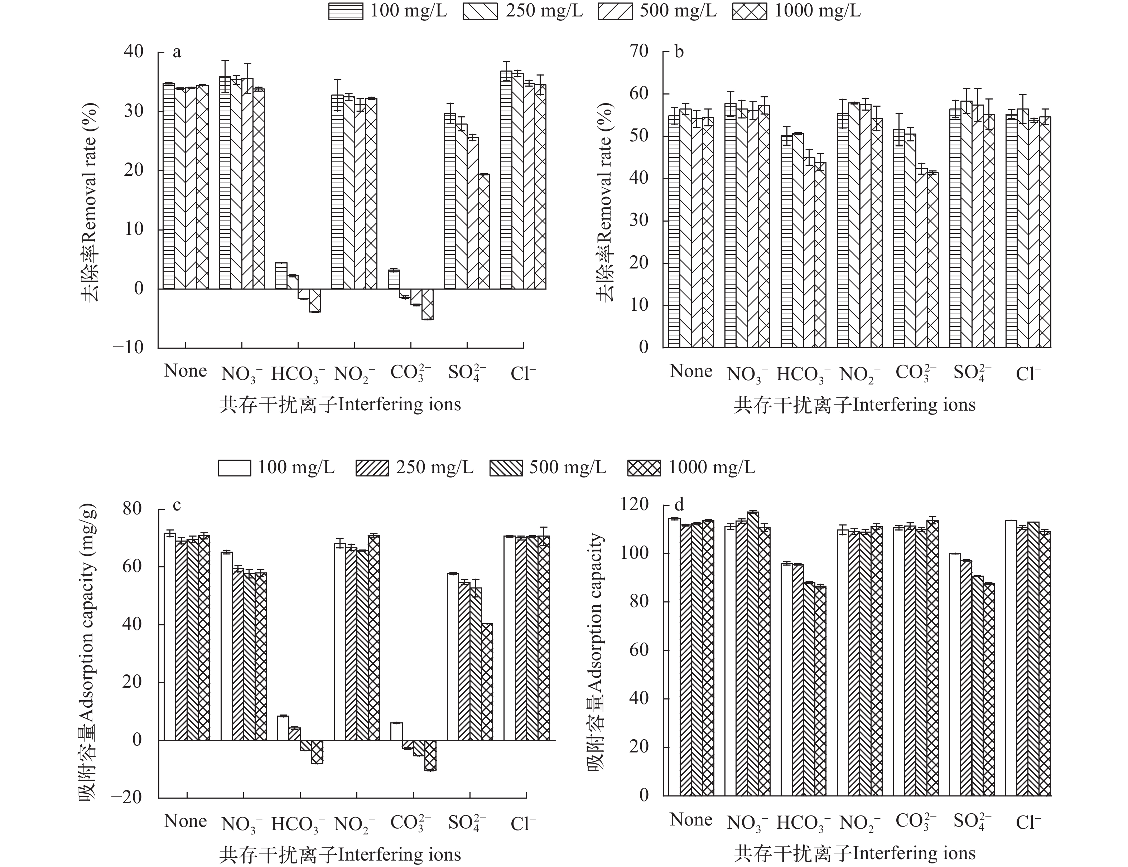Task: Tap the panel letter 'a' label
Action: coord(177,52)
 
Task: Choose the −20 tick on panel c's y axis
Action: coord(126,797)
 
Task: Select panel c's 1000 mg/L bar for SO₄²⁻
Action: coord(487,682)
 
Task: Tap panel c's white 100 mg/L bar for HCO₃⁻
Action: coord(283,728)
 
